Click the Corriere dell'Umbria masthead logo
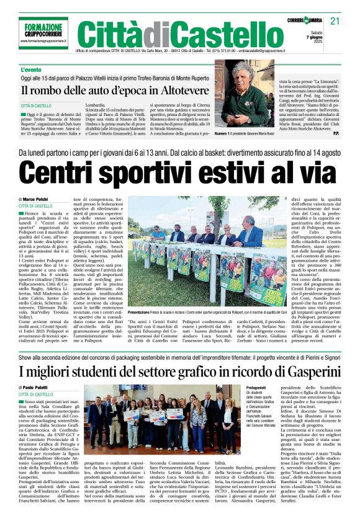307,21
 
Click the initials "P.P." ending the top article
336,133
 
